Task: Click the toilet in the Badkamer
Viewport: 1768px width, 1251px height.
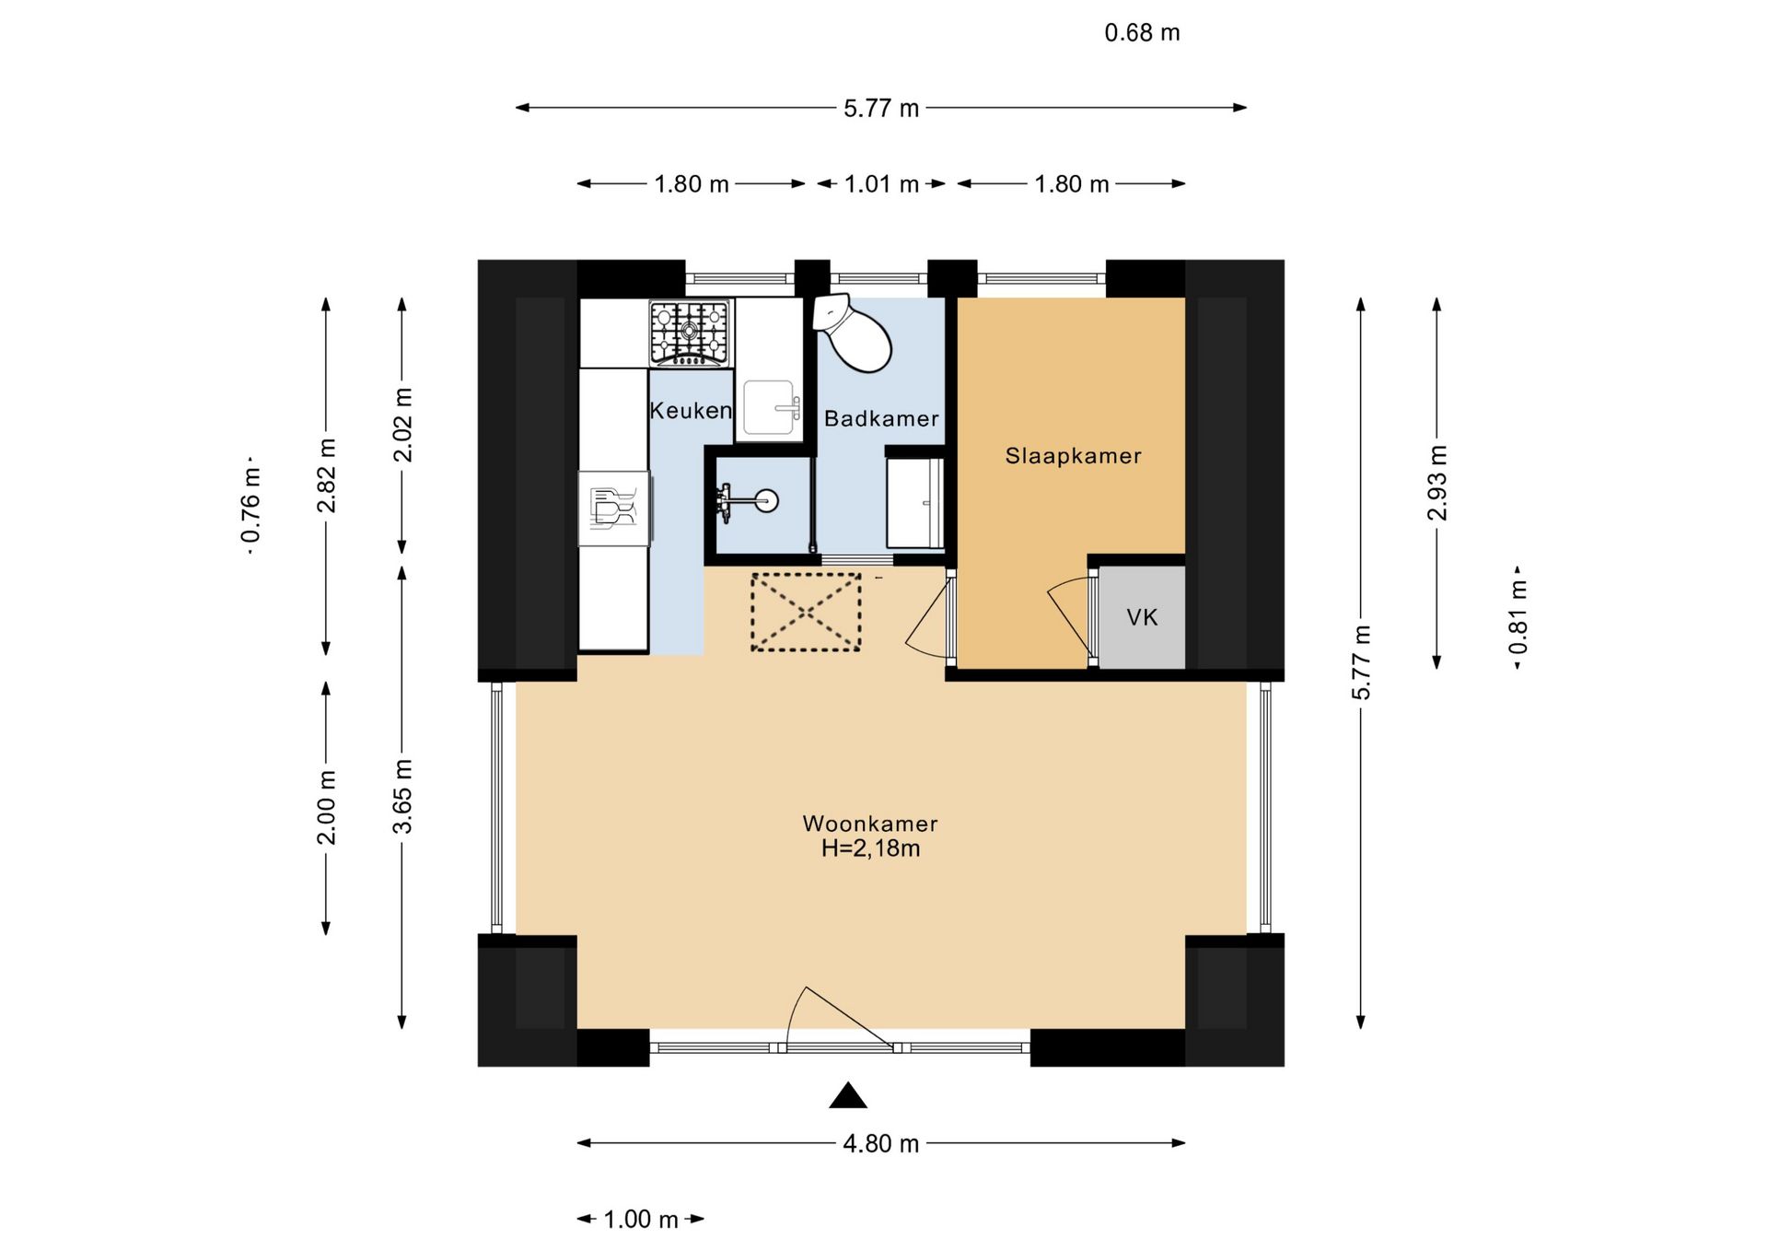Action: pyautogui.click(x=851, y=333)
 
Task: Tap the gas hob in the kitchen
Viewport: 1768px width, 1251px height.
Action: pyautogui.click(x=690, y=333)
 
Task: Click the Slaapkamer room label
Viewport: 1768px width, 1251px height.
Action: pyautogui.click(x=1073, y=456)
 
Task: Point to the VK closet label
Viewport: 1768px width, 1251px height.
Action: pyautogui.click(x=1142, y=617)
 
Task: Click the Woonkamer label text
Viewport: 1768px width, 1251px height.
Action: pyautogui.click(x=870, y=824)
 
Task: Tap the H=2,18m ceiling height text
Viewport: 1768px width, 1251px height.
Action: pyautogui.click(x=870, y=848)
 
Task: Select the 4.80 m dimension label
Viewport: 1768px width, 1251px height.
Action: pyautogui.click(x=881, y=1143)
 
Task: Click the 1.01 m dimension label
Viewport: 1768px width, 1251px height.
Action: pyautogui.click(x=881, y=184)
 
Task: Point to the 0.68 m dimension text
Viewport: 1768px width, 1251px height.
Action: pyautogui.click(x=1142, y=33)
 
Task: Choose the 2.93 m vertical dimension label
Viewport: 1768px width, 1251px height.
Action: pyautogui.click(x=1437, y=483)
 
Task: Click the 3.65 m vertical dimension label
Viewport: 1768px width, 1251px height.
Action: pyautogui.click(x=402, y=797)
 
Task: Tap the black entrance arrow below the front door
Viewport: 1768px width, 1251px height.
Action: pyautogui.click(x=848, y=1095)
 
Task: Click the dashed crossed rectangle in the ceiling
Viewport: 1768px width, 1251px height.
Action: pyautogui.click(x=806, y=612)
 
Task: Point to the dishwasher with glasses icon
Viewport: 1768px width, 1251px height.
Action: pyautogui.click(x=614, y=509)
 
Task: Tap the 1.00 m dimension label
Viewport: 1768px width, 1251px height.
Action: pyautogui.click(x=641, y=1220)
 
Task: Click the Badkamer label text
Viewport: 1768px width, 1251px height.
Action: pyautogui.click(x=881, y=419)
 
